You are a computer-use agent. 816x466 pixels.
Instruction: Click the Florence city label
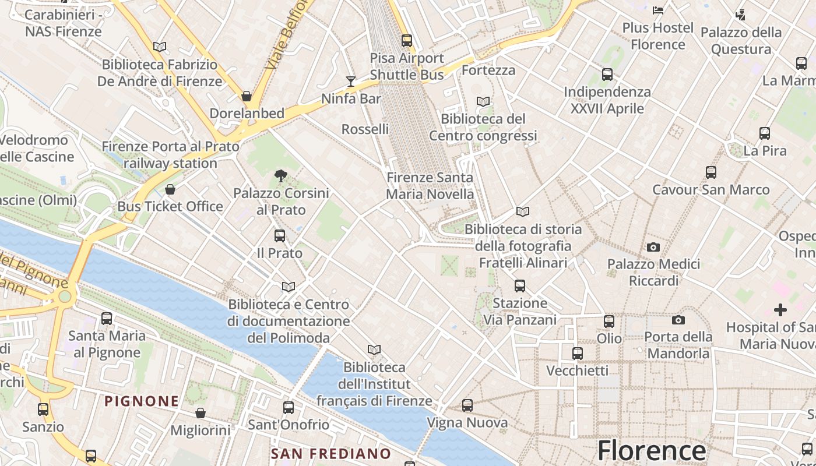652,450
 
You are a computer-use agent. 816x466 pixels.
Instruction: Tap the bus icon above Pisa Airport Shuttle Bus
407,41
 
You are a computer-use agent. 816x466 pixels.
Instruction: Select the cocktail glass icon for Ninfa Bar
351,81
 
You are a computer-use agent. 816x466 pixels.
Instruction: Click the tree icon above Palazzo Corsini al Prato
280,175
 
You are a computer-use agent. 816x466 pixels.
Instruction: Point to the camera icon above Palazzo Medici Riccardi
653,247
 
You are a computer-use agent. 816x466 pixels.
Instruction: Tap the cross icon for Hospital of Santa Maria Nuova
780,310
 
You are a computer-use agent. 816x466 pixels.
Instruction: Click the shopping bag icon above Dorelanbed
247,96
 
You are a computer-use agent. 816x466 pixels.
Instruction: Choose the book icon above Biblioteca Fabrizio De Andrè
160,47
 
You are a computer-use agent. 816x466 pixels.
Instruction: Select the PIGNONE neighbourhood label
142,401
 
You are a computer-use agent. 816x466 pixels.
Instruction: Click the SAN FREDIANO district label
331,453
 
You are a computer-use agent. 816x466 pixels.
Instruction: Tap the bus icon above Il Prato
280,236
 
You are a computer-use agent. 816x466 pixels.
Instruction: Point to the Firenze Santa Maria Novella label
430,186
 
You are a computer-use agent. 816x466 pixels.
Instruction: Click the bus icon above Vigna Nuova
467,405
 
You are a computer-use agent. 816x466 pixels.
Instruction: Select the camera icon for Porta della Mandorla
678,320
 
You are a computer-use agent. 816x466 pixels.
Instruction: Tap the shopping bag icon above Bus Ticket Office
170,189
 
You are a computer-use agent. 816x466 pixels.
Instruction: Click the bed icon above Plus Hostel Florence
658,10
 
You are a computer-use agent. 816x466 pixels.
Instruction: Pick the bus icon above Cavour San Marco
711,172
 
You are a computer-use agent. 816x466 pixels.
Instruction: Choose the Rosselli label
365,129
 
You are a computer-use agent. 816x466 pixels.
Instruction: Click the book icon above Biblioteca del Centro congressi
483,101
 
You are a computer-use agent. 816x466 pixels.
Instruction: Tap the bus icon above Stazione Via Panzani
520,286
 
